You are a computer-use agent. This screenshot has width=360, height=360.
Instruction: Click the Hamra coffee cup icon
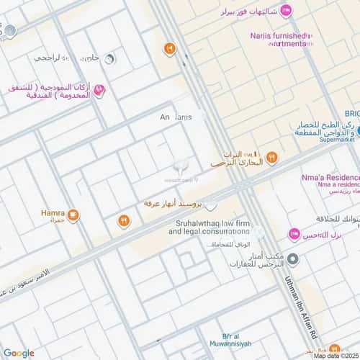click(73, 215)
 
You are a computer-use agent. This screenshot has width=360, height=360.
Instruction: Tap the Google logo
click(18, 353)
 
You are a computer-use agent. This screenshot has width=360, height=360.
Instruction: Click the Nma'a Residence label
click(330, 177)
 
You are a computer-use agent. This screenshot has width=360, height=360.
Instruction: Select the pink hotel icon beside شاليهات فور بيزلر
click(287, 10)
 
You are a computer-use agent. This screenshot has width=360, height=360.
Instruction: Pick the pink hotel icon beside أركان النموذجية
click(99, 90)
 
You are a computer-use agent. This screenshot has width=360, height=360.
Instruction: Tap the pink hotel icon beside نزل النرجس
click(294, 234)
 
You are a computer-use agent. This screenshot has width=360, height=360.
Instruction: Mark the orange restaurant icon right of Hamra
click(124, 220)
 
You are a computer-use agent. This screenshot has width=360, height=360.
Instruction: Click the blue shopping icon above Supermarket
click(357, 131)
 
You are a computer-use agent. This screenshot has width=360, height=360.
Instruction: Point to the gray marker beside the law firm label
click(257, 232)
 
